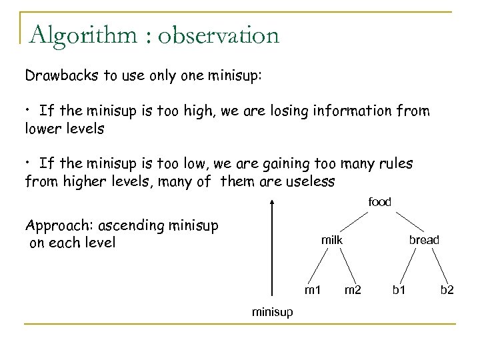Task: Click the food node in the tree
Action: coord(380,202)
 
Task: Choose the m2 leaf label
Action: coord(353,289)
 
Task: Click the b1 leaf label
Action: coord(400,289)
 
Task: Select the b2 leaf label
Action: coord(447,289)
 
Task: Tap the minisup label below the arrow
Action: coord(271,311)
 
